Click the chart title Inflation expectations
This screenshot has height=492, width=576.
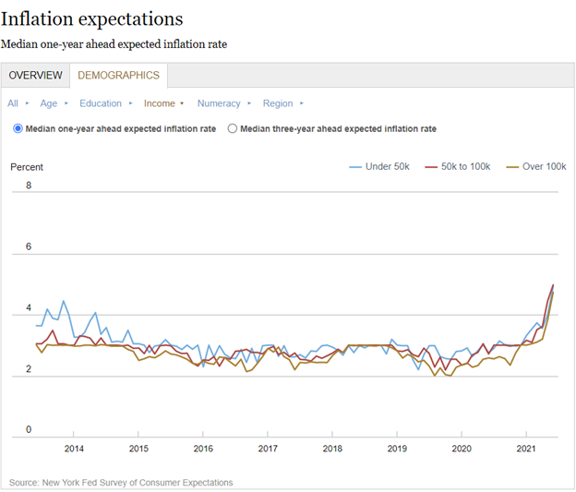click(x=92, y=18)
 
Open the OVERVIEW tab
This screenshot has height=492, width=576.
click(x=36, y=76)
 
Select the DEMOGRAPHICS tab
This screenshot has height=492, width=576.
click(x=118, y=76)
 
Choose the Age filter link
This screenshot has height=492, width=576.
click(x=48, y=103)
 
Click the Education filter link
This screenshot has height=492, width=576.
click(x=100, y=103)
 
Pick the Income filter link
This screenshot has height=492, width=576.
click(x=159, y=103)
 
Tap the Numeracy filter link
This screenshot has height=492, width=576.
click(x=218, y=103)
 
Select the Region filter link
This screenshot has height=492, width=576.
click(x=278, y=103)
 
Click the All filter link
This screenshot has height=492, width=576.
click(x=13, y=103)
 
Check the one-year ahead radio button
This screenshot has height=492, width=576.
click(x=18, y=129)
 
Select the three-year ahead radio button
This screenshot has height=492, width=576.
click(x=233, y=129)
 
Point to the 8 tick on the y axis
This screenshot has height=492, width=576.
click(x=29, y=186)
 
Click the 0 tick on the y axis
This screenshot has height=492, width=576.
click(x=29, y=430)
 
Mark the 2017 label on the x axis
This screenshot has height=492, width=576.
click(x=267, y=449)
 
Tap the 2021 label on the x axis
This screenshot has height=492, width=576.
click(x=526, y=449)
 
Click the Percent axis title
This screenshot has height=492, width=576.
click(x=27, y=167)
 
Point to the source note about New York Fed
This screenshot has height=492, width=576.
click(x=121, y=482)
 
